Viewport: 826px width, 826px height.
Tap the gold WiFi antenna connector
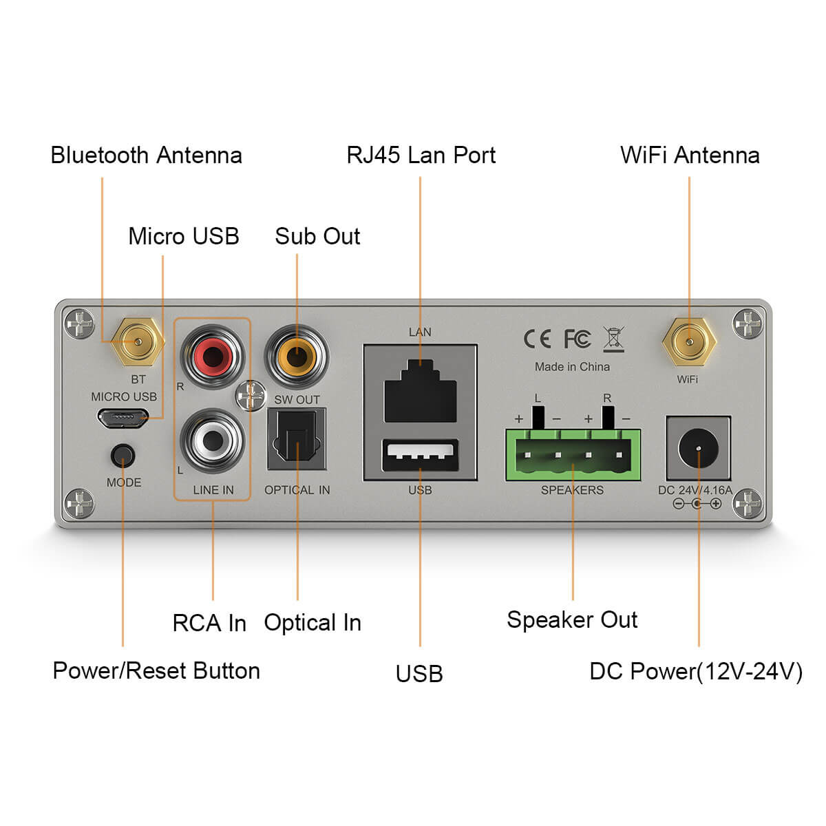(689, 341)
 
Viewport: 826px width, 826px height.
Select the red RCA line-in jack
(213, 357)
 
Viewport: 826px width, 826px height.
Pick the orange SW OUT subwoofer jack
(297, 357)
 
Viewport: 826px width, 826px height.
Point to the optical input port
(297, 439)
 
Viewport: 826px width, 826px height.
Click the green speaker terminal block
(573, 455)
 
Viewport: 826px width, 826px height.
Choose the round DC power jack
(698, 449)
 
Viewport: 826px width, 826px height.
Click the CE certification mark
(537, 339)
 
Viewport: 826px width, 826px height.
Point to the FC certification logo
(577, 339)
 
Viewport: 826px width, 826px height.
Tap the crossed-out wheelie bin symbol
(613, 339)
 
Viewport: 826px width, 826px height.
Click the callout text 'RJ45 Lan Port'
(421, 155)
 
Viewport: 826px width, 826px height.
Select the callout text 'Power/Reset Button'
(156, 670)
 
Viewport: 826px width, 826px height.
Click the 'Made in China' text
(572, 367)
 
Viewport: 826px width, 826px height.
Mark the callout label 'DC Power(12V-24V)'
(696, 671)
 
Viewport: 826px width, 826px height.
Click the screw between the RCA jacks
(250, 396)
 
